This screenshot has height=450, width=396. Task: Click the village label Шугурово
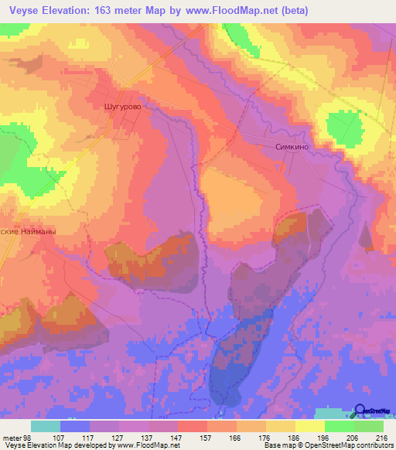[x=124, y=107]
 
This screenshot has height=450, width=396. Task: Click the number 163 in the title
[x=115, y=11]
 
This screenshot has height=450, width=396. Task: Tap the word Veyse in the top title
[x=23, y=11]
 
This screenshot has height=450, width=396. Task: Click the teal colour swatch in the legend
[x=46, y=426]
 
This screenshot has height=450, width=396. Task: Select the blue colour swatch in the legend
[x=75, y=426]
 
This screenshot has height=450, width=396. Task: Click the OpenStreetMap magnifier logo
[x=360, y=411]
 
